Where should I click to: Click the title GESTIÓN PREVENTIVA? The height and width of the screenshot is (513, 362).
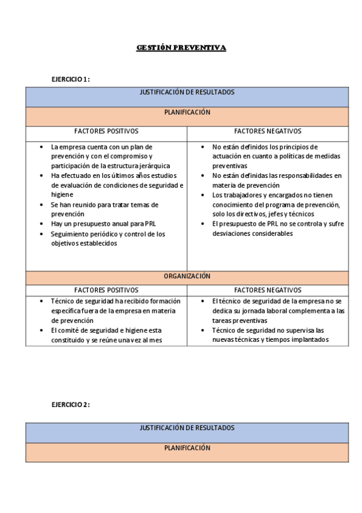coord(181,47)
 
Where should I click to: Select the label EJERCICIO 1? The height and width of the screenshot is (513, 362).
coord(71,79)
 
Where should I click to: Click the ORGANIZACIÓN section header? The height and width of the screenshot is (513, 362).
coord(187,276)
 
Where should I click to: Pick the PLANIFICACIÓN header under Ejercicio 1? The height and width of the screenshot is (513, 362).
coord(187,112)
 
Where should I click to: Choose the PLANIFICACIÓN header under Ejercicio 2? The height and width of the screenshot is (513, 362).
coord(187,448)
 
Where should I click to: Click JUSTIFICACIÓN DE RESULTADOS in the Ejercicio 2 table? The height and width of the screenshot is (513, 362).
coord(187,428)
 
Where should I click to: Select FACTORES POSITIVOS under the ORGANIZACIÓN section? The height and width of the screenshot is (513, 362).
coord(106,290)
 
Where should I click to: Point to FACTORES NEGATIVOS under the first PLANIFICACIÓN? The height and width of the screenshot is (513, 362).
coord(267,131)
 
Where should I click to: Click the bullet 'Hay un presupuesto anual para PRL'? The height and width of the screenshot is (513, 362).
coord(103,224)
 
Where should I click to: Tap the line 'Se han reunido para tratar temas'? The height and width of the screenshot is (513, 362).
coord(104,204)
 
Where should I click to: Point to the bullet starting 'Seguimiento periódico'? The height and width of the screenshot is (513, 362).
coord(108,234)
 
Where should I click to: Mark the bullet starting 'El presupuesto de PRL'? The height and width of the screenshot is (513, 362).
coord(277,224)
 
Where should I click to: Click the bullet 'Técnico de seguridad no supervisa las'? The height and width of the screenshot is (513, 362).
coord(268,330)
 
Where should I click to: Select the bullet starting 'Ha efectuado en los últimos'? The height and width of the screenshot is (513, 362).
coord(117,175)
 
